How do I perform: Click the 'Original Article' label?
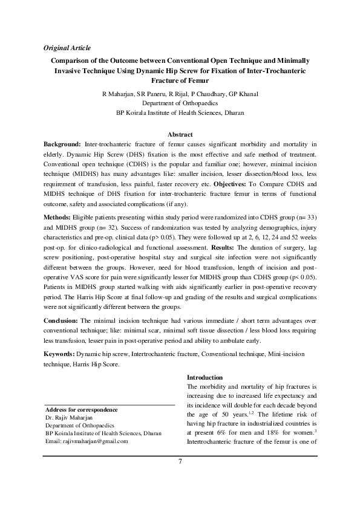67,47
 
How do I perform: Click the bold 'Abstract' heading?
180,134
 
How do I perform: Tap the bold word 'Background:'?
62,146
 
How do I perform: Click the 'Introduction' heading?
205,377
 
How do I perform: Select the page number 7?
180,462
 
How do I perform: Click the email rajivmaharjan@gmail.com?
87,441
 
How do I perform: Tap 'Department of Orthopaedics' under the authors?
180,103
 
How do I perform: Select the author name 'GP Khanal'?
246,94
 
